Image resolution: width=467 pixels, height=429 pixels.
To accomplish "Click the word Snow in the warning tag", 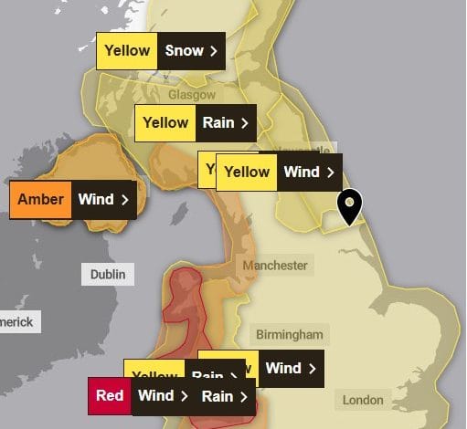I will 184,51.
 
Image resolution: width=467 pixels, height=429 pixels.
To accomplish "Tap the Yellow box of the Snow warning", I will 127,51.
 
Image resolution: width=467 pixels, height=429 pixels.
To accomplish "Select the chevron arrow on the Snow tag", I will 214,51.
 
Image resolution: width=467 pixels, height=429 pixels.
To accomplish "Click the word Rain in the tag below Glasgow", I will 218,123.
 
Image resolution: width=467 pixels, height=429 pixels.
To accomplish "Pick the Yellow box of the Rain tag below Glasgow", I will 165,123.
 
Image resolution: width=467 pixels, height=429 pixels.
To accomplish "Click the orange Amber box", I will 40,200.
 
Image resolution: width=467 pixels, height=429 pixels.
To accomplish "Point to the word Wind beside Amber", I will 96,200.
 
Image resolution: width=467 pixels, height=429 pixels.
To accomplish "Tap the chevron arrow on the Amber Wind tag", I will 125,200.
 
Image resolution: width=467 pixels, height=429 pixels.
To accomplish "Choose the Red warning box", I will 110,396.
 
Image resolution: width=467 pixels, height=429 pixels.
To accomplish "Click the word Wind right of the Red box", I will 155,396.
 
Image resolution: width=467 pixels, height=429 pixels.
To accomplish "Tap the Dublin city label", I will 108,274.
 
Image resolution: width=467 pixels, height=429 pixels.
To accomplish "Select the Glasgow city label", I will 191,95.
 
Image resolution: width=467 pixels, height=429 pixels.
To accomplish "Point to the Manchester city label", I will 275,266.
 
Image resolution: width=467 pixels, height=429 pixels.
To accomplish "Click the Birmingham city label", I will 289,335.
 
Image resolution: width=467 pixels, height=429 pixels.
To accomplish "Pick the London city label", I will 363,400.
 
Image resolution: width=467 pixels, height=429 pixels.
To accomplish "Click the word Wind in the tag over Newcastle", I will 302,172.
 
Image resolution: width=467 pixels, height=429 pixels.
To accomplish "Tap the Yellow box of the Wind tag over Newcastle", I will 248,172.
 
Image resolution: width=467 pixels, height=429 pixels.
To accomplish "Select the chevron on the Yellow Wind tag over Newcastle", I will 330,172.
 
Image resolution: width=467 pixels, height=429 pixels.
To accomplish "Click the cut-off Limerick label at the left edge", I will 16,322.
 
